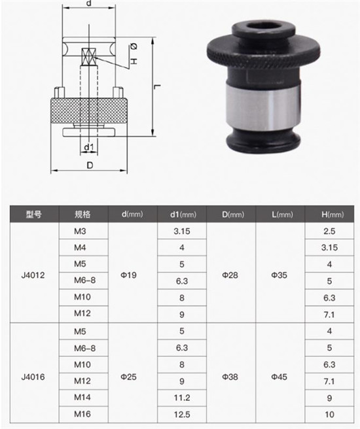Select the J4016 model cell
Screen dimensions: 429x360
coord(33,376)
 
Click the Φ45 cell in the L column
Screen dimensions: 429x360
coord(279,376)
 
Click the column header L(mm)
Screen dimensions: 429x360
coord(279,214)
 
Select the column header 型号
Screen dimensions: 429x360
coord(33,214)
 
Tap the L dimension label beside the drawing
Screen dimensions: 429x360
coord(157,86)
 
